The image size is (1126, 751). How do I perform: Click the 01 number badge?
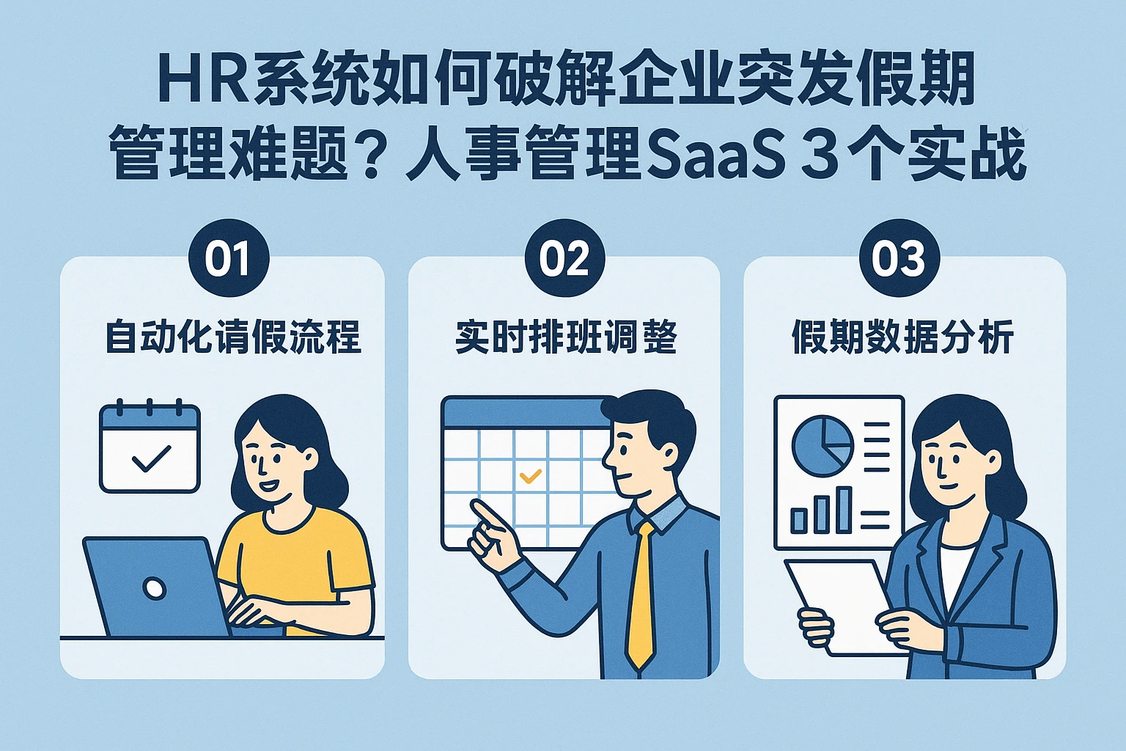tap(229, 257)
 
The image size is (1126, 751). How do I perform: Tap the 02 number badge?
tap(564, 257)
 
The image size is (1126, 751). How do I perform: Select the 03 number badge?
tap(899, 257)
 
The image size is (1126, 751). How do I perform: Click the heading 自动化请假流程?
tap(232, 337)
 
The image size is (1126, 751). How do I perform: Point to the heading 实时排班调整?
tap(566, 337)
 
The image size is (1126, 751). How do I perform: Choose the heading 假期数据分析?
tap(903, 337)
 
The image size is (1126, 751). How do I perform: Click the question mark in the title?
tap(371, 153)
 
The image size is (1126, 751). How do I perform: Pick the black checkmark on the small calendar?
tap(151, 458)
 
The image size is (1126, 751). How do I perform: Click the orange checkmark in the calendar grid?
tap(530, 476)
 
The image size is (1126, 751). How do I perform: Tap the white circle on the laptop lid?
tap(155, 587)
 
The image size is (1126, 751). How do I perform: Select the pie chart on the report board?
tap(823, 446)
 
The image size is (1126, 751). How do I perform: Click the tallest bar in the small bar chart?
tap(844, 510)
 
